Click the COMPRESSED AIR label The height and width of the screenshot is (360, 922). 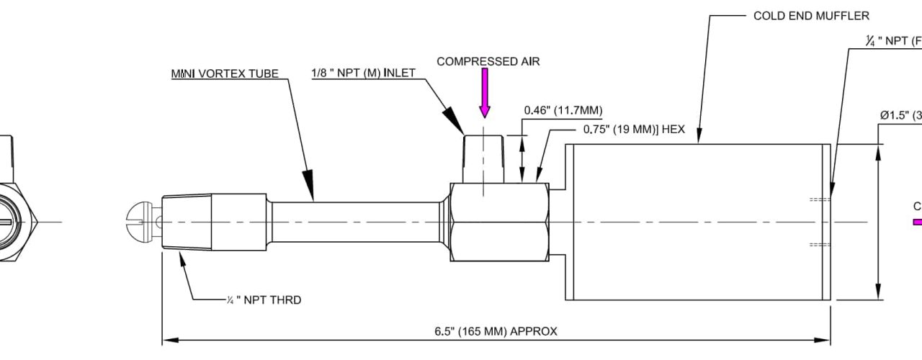488,61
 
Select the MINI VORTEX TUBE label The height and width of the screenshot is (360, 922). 224,73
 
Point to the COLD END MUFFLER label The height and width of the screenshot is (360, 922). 811,15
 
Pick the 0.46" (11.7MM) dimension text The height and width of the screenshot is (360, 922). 563,110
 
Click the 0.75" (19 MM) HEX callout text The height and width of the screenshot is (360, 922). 633,130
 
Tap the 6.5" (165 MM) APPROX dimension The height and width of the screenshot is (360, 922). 496,332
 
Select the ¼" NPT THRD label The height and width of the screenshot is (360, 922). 263,300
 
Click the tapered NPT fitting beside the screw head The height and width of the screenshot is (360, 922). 187,220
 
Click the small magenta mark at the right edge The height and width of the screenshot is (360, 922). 917,222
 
